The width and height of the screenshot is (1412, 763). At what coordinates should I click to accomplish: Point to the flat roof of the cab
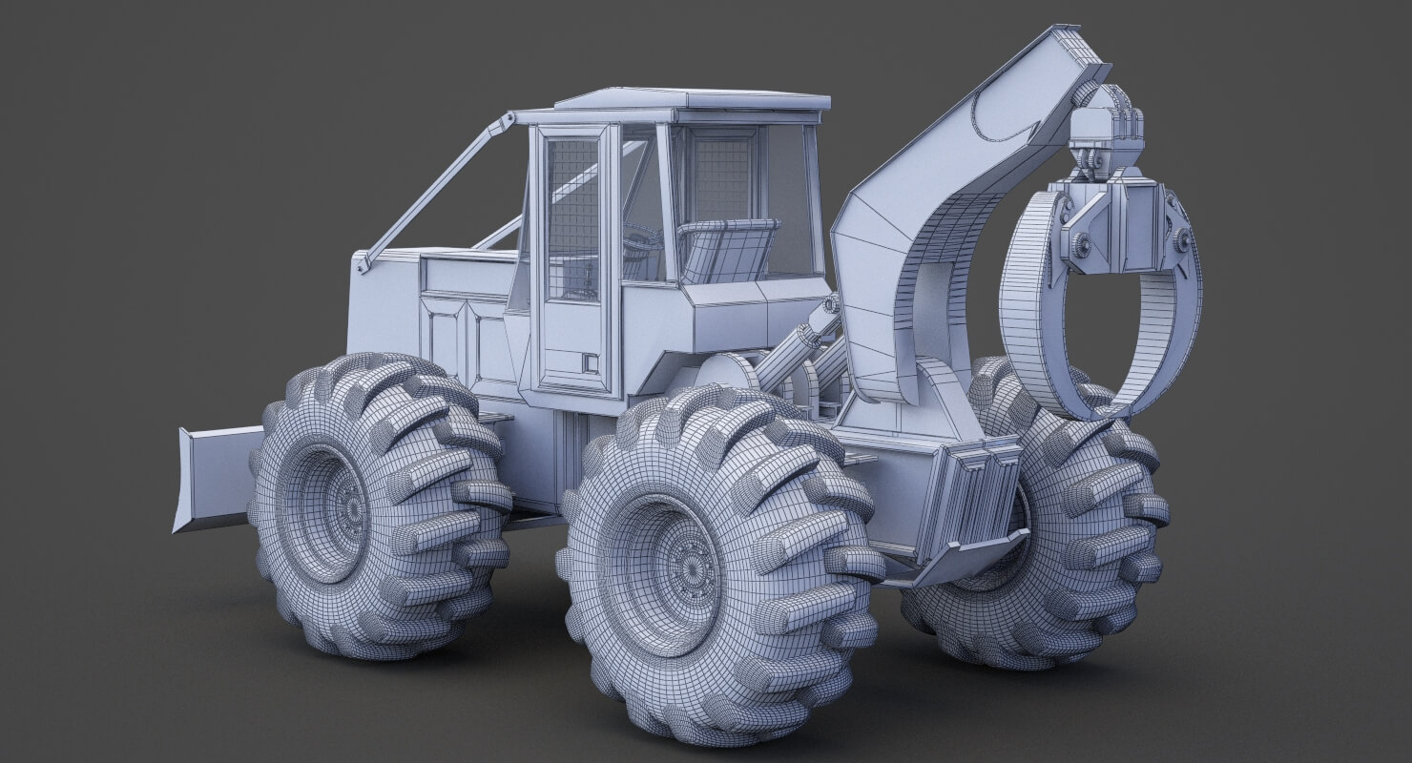[692, 99]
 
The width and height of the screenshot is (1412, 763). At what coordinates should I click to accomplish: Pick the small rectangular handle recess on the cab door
[589, 363]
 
